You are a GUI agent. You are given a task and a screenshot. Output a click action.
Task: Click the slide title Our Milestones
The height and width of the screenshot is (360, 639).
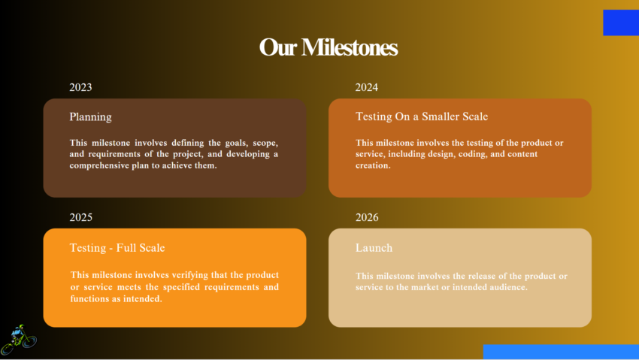tap(328, 47)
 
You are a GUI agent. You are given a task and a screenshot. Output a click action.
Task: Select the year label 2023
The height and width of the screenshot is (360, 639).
tap(80, 87)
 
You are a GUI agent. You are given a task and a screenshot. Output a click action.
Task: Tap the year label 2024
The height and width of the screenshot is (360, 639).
tap(366, 87)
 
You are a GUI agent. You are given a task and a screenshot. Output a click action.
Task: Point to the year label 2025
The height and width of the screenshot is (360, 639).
tap(80, 217)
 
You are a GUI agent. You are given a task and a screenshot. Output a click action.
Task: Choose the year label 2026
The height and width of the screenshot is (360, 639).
tap(366, 217)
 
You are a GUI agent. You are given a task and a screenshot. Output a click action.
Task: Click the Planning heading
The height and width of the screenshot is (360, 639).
tap(90, 116)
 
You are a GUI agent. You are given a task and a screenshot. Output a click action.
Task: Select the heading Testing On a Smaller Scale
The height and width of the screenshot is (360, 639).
tap(421, 116)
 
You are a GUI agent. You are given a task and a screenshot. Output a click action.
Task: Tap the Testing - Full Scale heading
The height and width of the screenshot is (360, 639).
tap(117, 247)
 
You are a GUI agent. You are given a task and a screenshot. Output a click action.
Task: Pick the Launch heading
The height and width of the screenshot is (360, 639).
tap(374, 247)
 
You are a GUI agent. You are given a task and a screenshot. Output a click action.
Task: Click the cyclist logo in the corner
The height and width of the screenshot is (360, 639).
tap(18, 340)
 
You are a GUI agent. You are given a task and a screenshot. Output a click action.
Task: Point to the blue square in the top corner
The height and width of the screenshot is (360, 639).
tap(620, 23)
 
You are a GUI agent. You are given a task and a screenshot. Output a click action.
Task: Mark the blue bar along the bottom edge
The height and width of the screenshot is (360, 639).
tap(560, 351)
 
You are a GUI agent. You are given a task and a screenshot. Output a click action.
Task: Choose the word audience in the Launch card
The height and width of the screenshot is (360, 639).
tap(507, 287)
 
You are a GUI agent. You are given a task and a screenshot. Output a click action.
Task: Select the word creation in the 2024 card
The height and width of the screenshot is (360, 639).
tap(373, 165)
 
